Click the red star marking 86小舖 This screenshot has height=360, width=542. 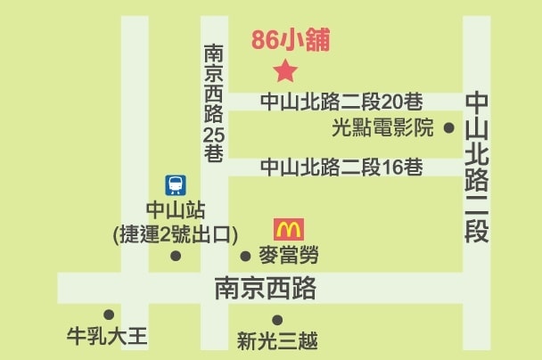tap(285, 70)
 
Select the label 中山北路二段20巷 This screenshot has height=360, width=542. tap(341, 102)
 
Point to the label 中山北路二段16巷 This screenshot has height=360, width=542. tap(341, 167)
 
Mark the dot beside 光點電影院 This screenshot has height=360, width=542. tap(448, 127)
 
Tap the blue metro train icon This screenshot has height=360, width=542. tap(176, 185)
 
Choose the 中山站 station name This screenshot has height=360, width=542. tap(176, 212)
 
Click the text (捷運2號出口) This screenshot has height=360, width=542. tap(176, 234)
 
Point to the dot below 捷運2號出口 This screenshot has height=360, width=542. tap(176, 257)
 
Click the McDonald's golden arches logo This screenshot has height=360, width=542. tap(288, 229)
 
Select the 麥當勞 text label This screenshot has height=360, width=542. tap(287, 257)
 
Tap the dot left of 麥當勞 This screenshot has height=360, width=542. tap(246, 257)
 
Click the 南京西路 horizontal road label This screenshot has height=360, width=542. tap(266, 290)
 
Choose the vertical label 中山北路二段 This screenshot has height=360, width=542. tap(478, 168)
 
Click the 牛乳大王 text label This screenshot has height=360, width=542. tap(108, 338)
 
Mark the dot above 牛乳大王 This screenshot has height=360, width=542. tap(109, 315)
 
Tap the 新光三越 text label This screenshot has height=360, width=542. tap(277, 340)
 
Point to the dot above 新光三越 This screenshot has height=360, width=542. tap(277, 320)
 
